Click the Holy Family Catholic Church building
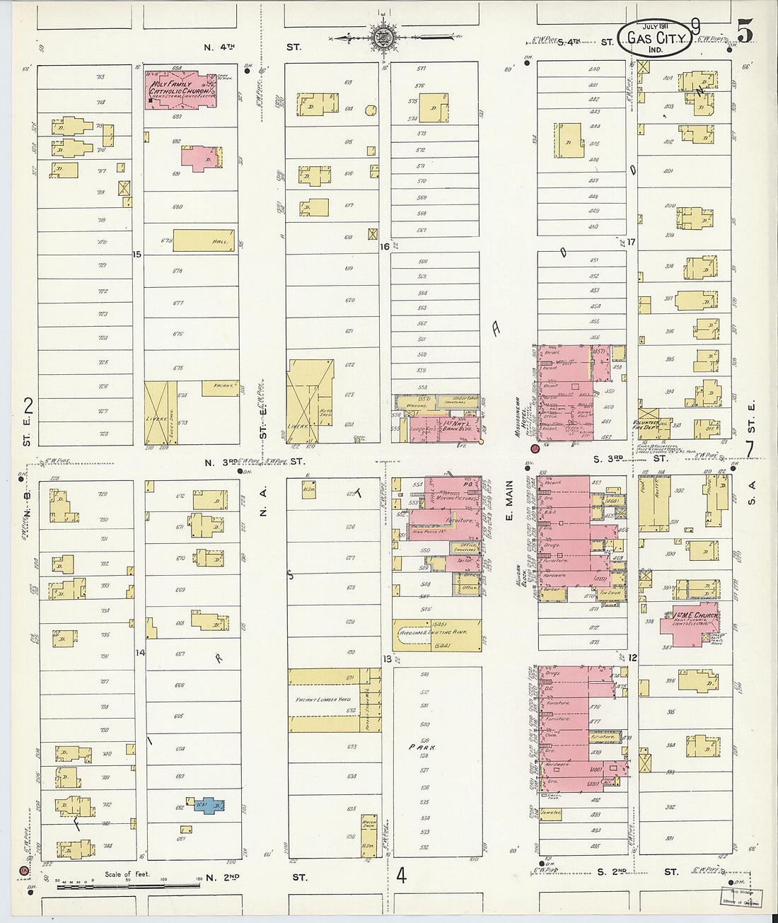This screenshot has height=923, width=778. click(181, 90)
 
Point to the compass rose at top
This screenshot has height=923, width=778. click(383, 37)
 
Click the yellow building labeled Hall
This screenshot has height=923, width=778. click(204, 240)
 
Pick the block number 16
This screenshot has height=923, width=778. click(385, 247)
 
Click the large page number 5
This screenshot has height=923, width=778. click(744, 31)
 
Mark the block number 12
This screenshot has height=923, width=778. click(632, 658)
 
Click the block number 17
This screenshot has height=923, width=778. click(632, 242)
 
